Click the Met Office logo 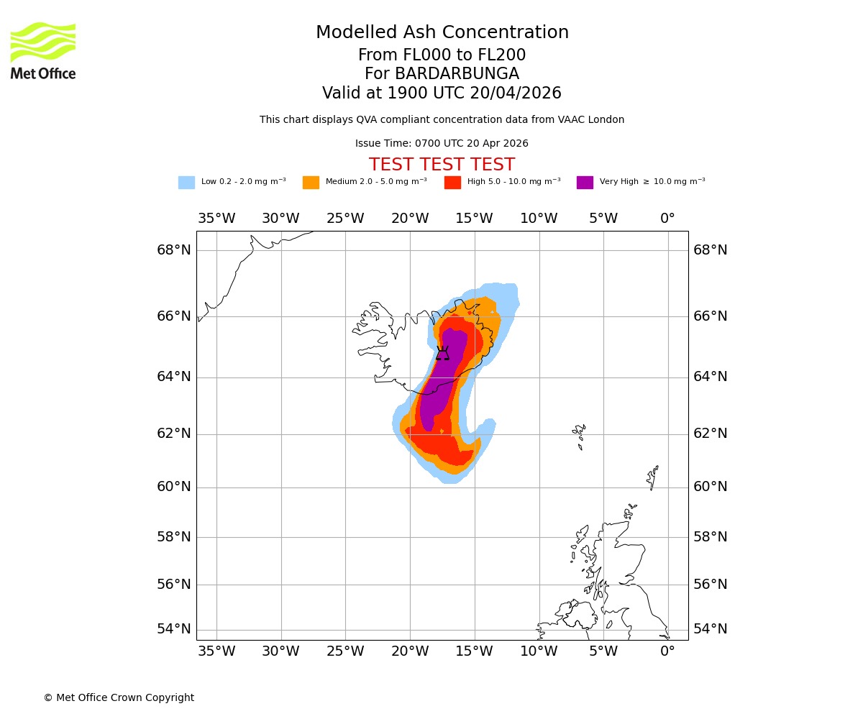pos(43,50)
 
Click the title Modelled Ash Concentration pos(442,33)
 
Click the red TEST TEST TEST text pos(442,165)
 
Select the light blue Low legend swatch pos(186,183)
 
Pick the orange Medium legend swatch pos(311,183)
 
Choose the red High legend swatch pos(452,183)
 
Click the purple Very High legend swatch pos(585,183)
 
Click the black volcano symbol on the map pos(442,353)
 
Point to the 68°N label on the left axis pos(174,250)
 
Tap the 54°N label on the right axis pos(710,629)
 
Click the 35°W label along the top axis pos(216,219)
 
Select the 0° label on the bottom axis pos(667,651)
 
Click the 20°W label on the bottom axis pos(410,651)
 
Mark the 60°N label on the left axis pos(174,487)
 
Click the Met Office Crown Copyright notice pos(119,697)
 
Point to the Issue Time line pos(442,144)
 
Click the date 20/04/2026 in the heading pos(516,93)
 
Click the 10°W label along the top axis pos(539,219)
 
